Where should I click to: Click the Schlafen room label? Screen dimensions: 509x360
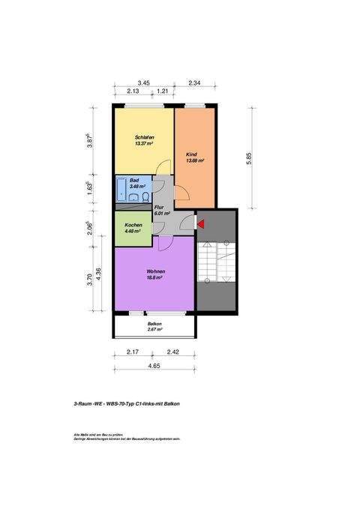[145, 137]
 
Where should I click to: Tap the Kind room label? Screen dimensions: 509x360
[191, 154]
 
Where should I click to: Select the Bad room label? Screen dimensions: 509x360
[134, 181]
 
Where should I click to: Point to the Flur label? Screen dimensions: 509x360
[159, 208]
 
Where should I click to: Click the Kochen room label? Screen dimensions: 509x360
[133, 225]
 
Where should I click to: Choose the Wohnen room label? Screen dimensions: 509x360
[156, 271]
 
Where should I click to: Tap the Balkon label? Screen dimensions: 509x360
[154, 324]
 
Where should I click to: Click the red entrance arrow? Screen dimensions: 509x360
[200, 223]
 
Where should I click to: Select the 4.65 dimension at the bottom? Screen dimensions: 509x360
[154, 366]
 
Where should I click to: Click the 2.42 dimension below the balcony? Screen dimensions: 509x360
[172, 352]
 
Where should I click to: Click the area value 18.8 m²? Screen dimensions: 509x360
[156, 277]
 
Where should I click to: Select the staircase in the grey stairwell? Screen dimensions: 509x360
[216, 263]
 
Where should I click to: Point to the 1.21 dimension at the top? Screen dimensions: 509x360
[161, 91]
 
